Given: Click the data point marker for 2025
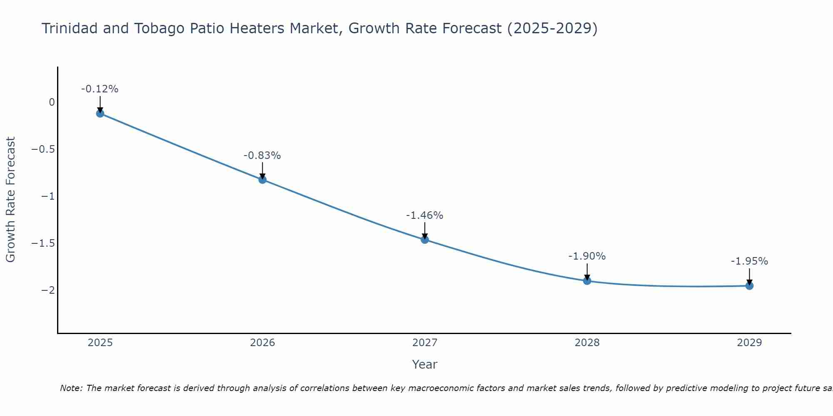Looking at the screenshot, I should click(100, 113).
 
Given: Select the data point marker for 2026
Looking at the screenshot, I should click(262, 180).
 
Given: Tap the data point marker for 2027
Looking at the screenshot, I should click(425, 240).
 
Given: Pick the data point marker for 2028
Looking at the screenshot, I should click(587, 281).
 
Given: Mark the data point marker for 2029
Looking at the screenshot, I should click(749, 286).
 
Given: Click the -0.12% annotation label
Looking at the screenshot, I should click(100, 89).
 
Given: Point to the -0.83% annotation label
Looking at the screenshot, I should click(262, 156).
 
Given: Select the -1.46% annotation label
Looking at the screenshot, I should click(425, 215).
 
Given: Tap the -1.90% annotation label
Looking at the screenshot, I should click(587, 256).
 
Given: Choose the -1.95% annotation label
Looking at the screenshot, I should click(749, 261).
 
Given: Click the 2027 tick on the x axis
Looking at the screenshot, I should click(425, 343).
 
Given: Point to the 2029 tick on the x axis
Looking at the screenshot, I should click(749, 343).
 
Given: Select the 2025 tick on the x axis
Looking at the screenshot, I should click(100, 343).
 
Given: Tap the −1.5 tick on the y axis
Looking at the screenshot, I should click(43, 243).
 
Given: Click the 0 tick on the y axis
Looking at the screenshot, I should click(52, 102).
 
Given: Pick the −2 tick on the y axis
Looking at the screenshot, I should click(48, 290).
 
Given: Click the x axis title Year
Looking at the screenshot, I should click(424, 364).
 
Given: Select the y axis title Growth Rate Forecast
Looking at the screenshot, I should click(10, 199).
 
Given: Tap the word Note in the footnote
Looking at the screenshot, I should click(71, 389).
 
